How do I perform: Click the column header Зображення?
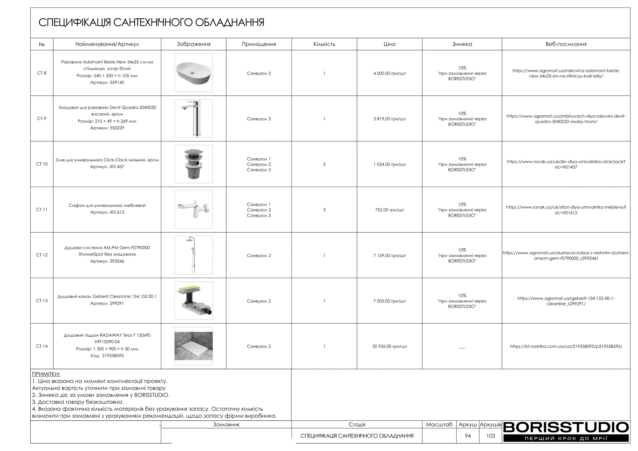coord(193,44)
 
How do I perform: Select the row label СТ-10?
coord(42,164)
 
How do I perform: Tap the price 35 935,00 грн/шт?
coord(389,346)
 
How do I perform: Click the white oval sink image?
coord(193,73)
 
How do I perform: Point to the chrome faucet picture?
coord(193,118)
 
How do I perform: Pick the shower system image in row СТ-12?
coord(193,255)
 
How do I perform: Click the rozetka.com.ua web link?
coord(566,346)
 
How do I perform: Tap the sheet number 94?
coord(468,436)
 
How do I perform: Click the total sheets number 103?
coord(490,436)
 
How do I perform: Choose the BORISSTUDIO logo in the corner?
coord(566,431)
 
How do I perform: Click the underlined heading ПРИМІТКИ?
coord(46,374)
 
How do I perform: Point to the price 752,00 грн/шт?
coord(389,210)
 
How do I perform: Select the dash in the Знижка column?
coord(462,348)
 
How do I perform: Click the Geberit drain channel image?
coord(193,301)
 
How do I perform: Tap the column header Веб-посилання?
coord(566,44)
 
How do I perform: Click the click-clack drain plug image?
coord(193,164)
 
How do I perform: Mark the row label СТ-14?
coord(42,346)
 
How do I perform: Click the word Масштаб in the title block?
coord(439,424)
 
